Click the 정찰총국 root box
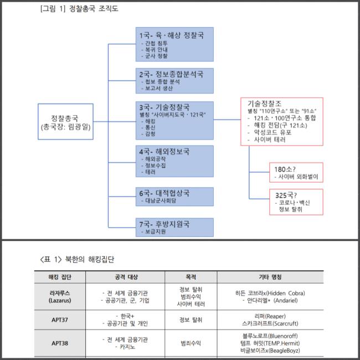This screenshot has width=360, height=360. (x=66, y=122)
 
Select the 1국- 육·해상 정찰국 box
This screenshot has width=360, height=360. (x=175, y=45)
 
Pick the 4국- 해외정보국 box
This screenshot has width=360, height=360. (x=175, y=161)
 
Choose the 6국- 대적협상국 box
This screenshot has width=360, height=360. (x=175, y=197)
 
